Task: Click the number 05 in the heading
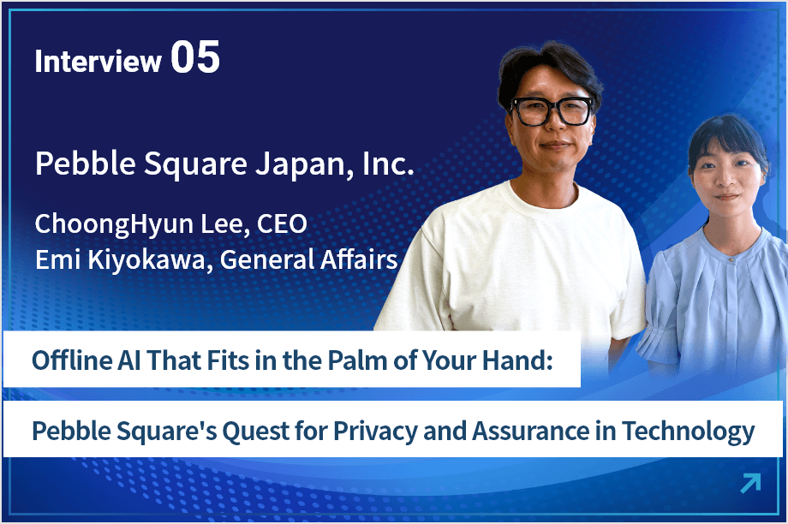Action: (195, 58)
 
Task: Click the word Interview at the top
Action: (98, 61)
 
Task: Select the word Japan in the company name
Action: (295, 164)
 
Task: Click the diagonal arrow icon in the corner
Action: (749, 484)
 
